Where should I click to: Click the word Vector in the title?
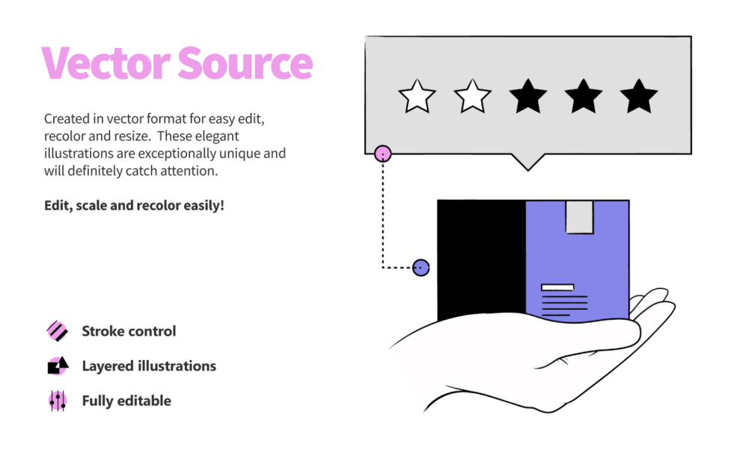click(x=106, y=62)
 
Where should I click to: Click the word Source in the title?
click(x=245, y=62)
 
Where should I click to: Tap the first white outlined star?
click(x=418, y=97)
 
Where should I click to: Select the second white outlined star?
click(x=472, y=97)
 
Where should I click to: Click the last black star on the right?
click(x=639, y=97)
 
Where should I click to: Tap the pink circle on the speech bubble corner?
click(x=382, y=154)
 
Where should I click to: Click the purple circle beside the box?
click(x=421, y=268)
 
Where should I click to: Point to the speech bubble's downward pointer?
click(x=528, y=162)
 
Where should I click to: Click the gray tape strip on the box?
click(x=579, y=217)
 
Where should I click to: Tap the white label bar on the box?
click(x=557, y=288)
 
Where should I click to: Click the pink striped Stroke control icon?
click(x=57, y=331)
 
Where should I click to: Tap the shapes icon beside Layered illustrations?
click(x=58, y=365)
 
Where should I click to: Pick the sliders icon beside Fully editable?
click(x=58, y=401)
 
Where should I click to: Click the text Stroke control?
click(x=129, y=331)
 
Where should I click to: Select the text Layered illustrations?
click(x=149, y=366)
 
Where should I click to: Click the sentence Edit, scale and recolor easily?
click(x=134, y=205)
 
